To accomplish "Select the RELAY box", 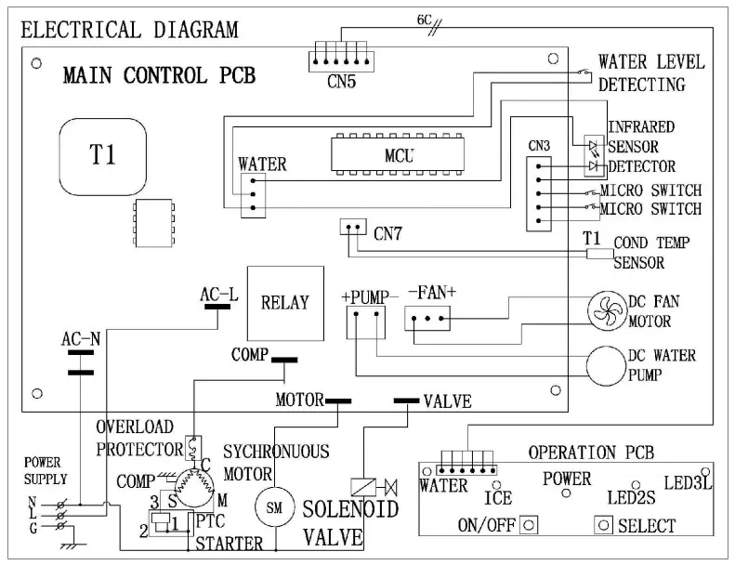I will click(x=284, y=303).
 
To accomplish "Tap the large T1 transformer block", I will click(x=103, y=155).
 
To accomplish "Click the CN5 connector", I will click(x=341, y=59).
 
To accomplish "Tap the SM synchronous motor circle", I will click(x=273, y=507).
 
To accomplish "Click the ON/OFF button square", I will click(x=529, y=524).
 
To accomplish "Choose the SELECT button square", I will click(x=604, y=524).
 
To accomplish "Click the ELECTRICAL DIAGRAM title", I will click(x=129, y=30).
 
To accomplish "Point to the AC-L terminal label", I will click(x=218, y=295).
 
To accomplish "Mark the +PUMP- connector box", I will click(x=364, y=322).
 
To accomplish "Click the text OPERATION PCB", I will click(x=591, y=453).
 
